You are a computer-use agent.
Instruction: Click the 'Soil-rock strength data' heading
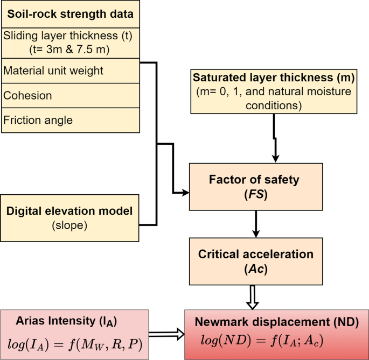70,14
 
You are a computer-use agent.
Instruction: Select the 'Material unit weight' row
53,70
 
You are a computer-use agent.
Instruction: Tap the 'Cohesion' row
27,96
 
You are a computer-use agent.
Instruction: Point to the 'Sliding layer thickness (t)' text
67,36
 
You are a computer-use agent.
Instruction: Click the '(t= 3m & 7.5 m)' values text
69,50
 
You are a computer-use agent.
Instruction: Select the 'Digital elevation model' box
70,217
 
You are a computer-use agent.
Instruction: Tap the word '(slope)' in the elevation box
69,225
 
